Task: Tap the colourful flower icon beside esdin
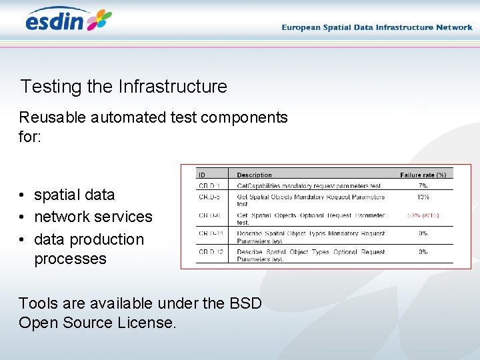[x=99, y=20]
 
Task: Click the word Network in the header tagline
[x=454, y=27]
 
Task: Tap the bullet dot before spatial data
[x=23, y=195]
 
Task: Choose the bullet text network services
[x=93, y=217]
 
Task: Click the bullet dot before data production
[x=23, y=239]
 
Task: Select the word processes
[x=70, y=259]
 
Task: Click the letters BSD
[x=245, y=303]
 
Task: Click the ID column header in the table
[x=202, y=175]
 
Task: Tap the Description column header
[x=254, y=175]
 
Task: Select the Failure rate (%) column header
[x=423, y=175]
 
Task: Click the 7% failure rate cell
[x=423, y=185]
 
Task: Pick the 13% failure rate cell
[x=423, y=197]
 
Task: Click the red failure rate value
[x=423, y=216]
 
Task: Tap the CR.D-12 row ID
[x=211, y=253]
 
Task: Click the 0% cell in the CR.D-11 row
[x=423, y=234]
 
